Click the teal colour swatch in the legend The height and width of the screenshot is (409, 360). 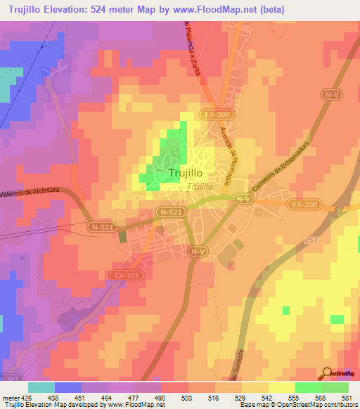[x=41, y=387]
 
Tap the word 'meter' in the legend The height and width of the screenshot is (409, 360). [x=11, y=397]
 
